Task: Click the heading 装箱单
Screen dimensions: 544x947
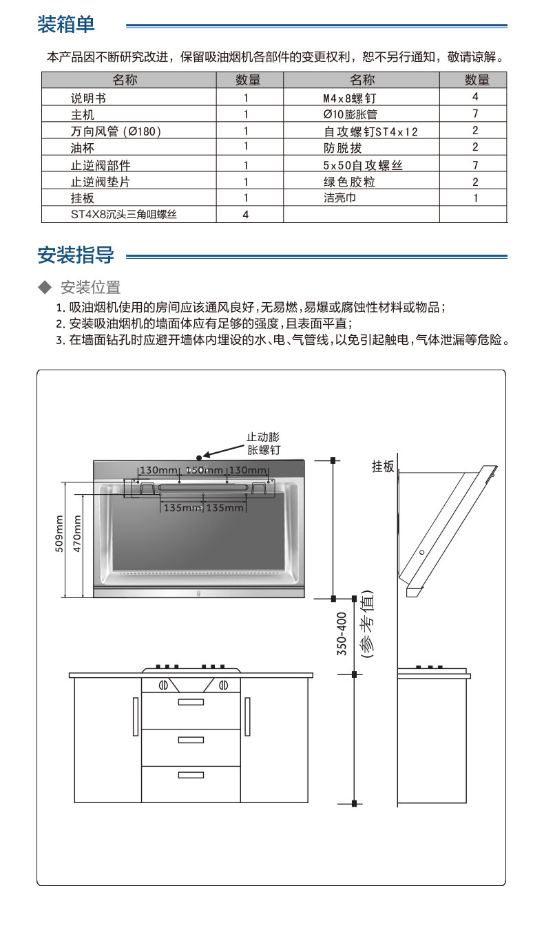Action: (66, 25)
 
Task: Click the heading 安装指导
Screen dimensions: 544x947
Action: (76, 255)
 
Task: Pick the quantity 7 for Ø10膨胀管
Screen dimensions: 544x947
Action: (474, 113)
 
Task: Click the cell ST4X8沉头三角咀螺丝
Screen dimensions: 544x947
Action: (124, 215)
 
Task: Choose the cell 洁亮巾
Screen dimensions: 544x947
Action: (339, 198)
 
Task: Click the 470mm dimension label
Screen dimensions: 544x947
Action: (76, 534)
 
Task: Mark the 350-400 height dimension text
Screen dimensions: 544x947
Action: (342, 633)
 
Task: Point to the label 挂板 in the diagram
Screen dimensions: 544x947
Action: (383, 467)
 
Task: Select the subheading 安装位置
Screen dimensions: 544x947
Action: (91, 287)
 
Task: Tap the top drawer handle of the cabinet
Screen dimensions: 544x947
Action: (191, 702)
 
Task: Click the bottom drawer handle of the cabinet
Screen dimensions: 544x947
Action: (191, 775)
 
